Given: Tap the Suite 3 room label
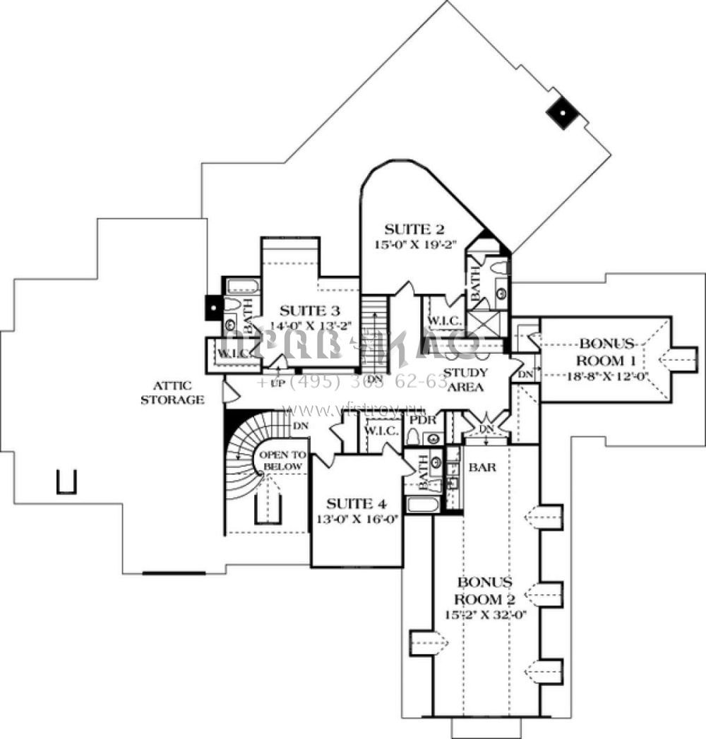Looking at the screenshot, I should coord(310,311).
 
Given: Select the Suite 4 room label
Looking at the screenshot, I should coord(357,504).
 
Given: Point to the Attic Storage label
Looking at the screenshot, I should coord(172,392).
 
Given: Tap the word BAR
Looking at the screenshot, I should coord(481,467).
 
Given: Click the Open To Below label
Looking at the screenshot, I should coord(282,461).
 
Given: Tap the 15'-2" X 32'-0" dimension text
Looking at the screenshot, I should coord(486,614).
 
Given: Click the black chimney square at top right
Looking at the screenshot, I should coord(562,112).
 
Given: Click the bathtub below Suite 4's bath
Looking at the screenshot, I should coord(421,504).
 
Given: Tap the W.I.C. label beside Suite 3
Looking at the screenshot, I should coord(233,353).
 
